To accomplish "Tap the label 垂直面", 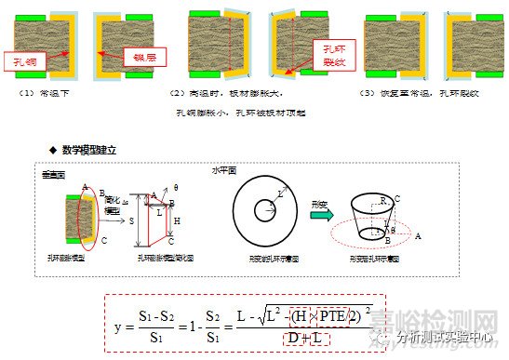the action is pos(52,174).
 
